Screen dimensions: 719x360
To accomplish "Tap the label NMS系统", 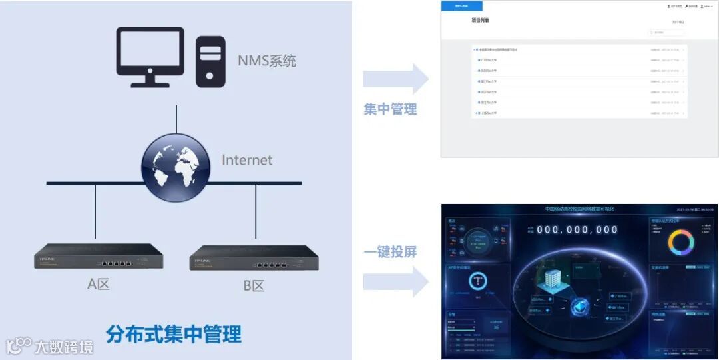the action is [x=267, y=61].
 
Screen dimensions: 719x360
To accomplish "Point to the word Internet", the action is [x=247, y=160].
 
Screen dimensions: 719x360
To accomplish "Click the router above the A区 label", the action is [x=99, y=256].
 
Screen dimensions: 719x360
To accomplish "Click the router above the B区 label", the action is [x=254, y=257].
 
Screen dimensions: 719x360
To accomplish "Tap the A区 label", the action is [x=99, y=284].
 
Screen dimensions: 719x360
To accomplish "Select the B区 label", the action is [x=254, y=286].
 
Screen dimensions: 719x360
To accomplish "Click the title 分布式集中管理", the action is [x=173, y=333].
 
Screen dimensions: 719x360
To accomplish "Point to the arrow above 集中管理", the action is [x=395, y=79].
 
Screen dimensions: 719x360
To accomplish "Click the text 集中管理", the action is [x=390, y=109].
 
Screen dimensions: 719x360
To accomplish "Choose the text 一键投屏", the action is [x=390, y=252].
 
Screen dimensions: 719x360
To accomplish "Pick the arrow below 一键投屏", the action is [x=395, y=281].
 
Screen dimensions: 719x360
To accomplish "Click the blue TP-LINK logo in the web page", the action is [x=460, y=6].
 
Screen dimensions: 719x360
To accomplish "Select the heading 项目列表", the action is [x=480, y=21].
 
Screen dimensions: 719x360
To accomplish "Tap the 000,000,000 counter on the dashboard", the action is [x=577, y=230].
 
